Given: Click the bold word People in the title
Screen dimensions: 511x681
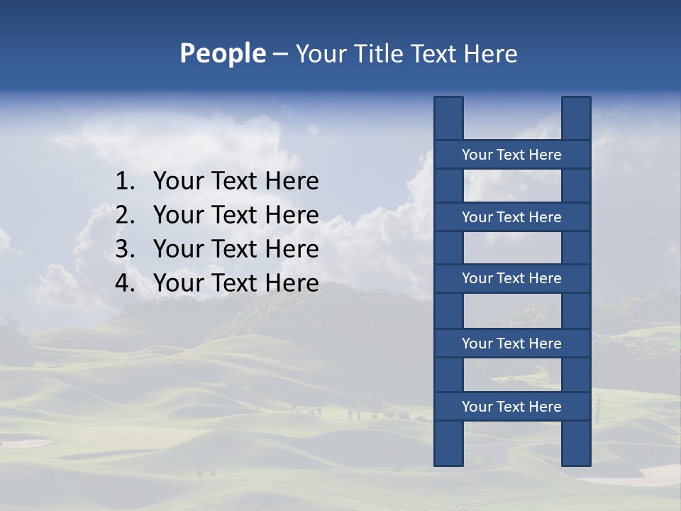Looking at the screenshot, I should (x=222, y=54).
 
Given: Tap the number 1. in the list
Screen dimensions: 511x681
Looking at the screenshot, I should (x=125, y=182).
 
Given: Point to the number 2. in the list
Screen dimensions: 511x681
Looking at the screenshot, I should (x=125, y=215).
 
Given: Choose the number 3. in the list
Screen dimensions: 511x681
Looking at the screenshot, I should (x=125, y=249).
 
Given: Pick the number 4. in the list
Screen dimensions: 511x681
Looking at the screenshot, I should (x=125, y=283).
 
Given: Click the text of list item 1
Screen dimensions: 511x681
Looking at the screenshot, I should (x=236, y=182).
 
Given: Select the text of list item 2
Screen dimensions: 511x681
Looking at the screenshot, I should (x=236, y=215).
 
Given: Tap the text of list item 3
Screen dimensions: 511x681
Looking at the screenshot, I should (x=236, y=249).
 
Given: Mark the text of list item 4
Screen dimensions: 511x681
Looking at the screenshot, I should (x=236, y=283).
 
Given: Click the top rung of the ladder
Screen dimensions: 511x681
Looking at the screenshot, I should (x=511, y=155).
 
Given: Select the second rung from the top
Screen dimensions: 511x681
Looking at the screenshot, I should (x=511, y=217).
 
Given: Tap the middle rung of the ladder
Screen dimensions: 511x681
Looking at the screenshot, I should (x=511, y=278).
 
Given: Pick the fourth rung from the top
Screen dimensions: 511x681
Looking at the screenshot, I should (x=511, y=344).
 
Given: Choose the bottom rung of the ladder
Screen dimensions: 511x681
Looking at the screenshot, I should (x=511, y=407).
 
